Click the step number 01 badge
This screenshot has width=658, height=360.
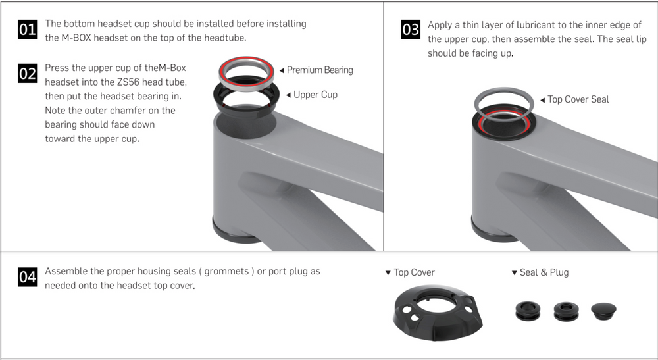pyautogui.click(x=28, y=30)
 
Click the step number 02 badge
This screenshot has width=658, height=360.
pyautogui.click(x=28, y=74)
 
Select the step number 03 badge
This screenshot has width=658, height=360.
pyautogui.click(x=411, y=30)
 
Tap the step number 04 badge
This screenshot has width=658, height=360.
pyautogui.click(x=28, y=277)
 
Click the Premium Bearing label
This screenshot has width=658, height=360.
pyautogui.click(x=320, y=70)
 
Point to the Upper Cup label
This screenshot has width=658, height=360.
pyautogui.click(x=315, y=95)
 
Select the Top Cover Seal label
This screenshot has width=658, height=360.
pyautogui.click(x=578, y=99)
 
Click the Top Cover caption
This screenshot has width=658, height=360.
pyautogui.click(x=414, y=272)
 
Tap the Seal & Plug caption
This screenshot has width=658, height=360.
pyautogui.click(x=544, y=272)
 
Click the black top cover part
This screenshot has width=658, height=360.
pyautogui.click(x=438, y=317)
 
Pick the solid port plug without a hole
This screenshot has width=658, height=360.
pyautogui.click(x=603, y=311)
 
